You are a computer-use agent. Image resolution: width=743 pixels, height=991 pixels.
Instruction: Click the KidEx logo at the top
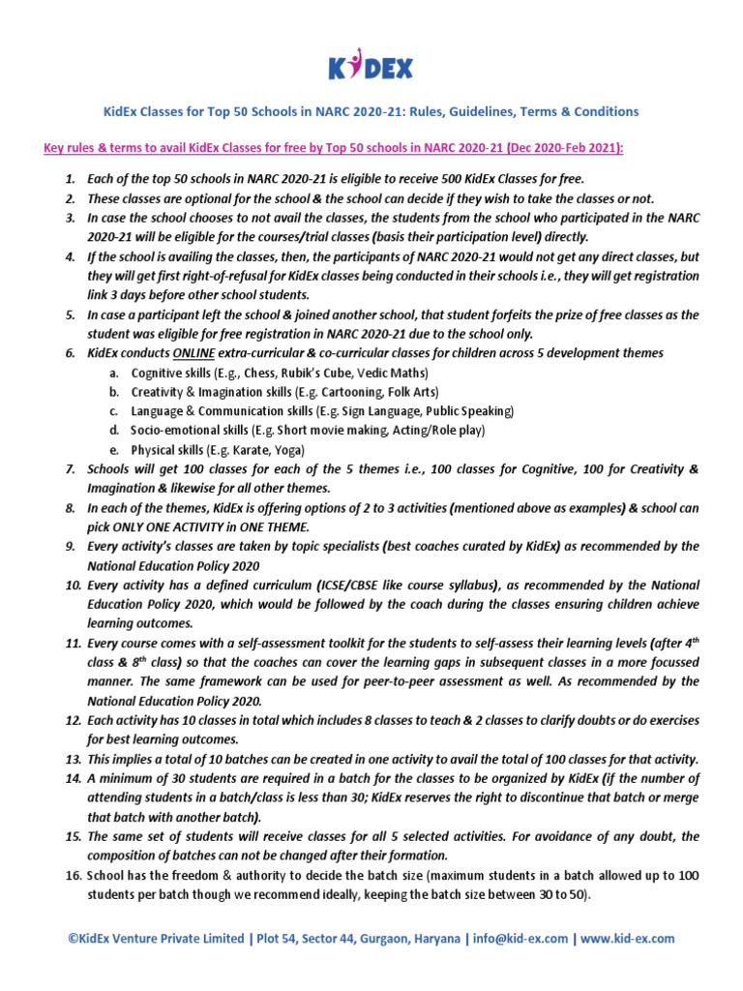coord(371,68)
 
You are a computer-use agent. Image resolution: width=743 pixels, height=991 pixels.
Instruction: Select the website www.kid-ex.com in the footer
coord(627,939)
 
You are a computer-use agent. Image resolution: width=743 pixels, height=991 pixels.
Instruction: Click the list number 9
coord(76,546)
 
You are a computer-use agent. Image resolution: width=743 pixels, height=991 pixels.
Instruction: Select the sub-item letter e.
coord(114,450)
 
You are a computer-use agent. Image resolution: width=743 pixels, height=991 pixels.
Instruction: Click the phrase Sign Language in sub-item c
coord(376,411)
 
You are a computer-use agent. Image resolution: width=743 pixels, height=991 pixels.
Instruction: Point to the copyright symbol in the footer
coord(74,939)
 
